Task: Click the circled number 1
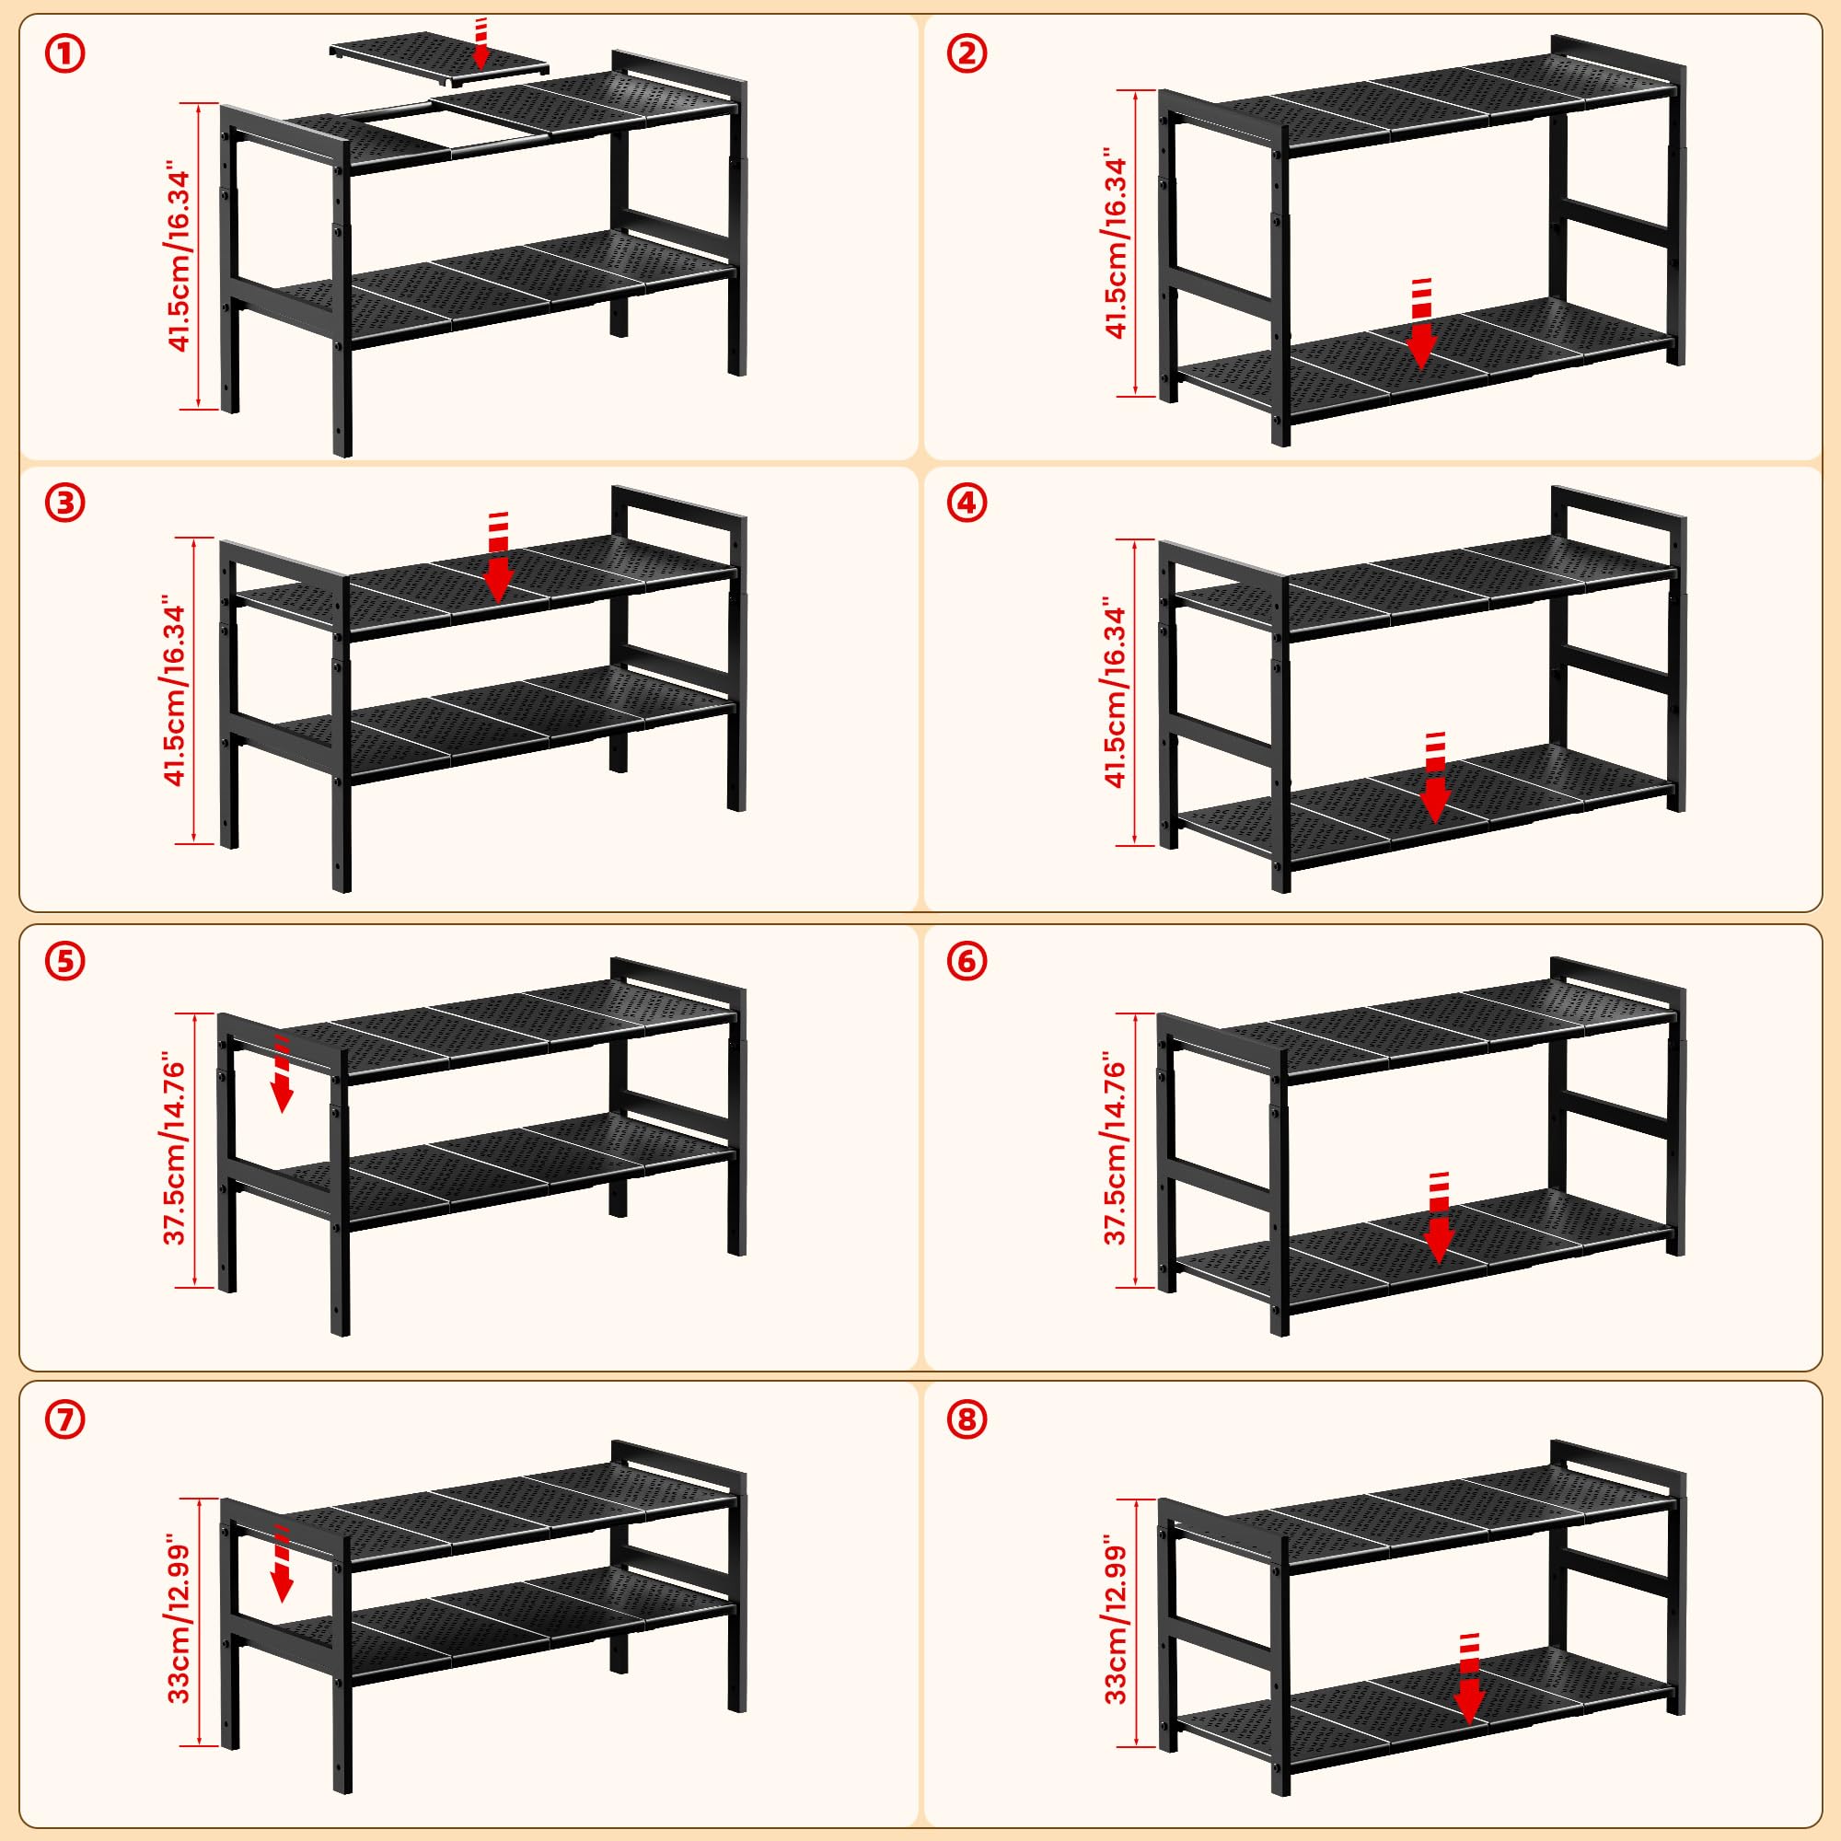coord(64,54)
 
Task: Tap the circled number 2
coord(967,54)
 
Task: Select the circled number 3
coord(64,504)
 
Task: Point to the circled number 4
coord(967,504)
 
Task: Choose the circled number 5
coord(64,962)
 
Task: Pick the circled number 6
coord(967,962)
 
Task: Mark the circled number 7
coord(64,1419)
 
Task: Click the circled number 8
coord(967,1419)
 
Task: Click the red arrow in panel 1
coord(481,43)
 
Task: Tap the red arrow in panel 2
coord(1420,323)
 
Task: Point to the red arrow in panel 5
coord(282,1074)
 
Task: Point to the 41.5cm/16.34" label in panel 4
coord(1116,693)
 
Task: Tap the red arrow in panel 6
coord(1438,1219)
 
